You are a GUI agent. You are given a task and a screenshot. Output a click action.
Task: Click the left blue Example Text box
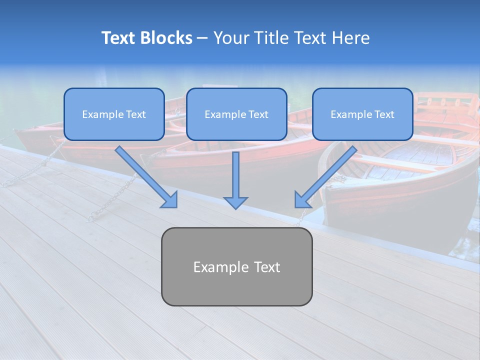click(x=114, y=114)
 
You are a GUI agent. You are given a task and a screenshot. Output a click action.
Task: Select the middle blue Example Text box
click(x=236, y=114)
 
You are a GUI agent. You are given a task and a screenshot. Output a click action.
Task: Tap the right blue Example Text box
click(x=362, y=114)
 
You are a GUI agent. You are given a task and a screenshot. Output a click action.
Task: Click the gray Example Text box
click(x=236, y=266)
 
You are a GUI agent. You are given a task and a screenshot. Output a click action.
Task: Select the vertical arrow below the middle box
click(x=235, y=175)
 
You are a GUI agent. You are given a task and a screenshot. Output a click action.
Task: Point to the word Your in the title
click(x=230, y=38)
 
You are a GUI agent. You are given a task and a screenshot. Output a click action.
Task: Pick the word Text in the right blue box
click(x=384, y=114)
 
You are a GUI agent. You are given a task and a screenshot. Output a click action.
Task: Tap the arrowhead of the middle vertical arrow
click(x=235, y=202)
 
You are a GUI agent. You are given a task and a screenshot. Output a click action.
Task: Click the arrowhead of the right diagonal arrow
click(x=302, y=199)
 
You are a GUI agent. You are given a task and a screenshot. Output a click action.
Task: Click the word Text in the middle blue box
click(x=258, y=114)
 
